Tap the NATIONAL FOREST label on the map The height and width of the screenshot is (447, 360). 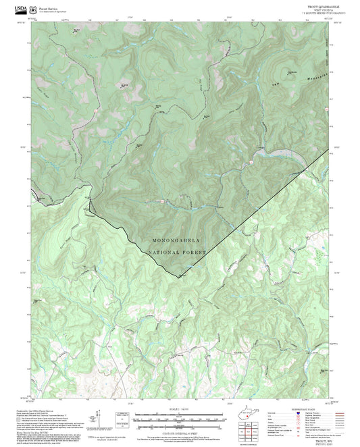point(177,253)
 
